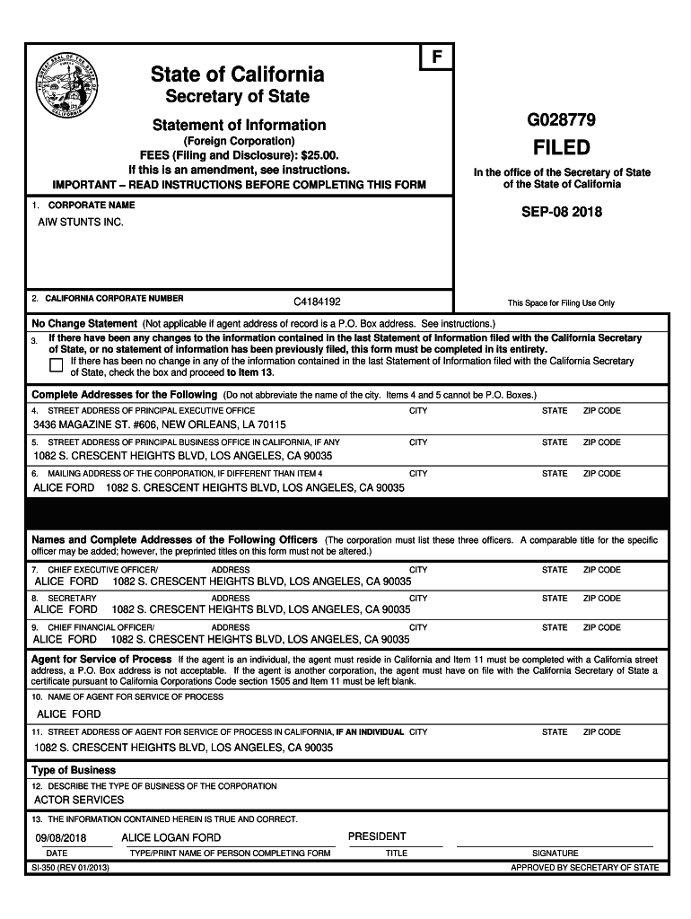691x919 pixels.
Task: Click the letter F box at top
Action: [437, 57]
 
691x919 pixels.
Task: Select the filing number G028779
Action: [563, 120]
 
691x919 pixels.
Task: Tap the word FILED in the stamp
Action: [563, 147]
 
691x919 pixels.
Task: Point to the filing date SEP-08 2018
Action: [563, 213]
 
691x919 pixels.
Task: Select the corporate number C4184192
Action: [317, 302]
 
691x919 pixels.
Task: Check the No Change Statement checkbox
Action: [57, 364]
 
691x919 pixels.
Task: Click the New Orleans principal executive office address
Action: [160, 424]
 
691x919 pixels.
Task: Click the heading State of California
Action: [238, 74]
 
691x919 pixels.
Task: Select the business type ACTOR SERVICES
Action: [79, 800]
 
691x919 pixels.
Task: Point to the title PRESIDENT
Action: [377, 836]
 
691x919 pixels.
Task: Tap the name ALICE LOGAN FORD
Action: [171, 838]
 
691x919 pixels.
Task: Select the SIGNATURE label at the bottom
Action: [555, 853]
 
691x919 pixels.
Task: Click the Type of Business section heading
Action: [74, 770]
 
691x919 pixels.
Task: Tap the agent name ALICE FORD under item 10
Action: [68, 713]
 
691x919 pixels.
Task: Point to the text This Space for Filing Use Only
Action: [561, 303]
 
